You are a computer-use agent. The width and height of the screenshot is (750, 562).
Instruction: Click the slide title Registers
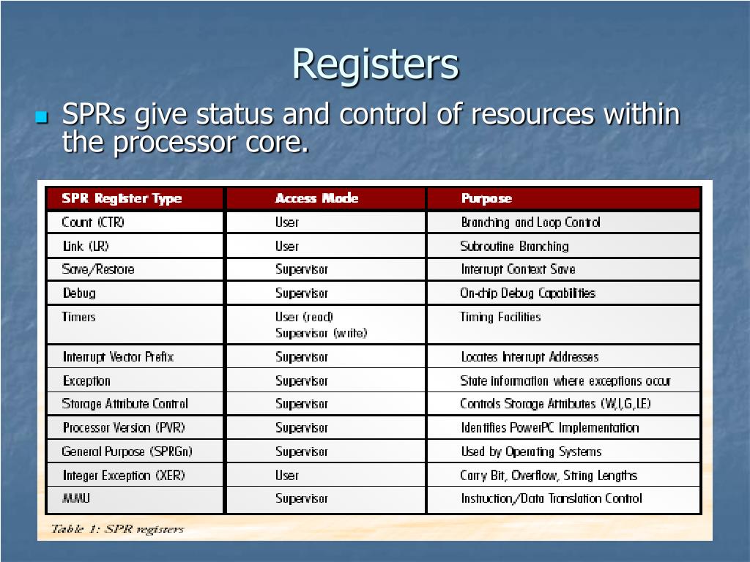pyautogui.click(x=375, y=64)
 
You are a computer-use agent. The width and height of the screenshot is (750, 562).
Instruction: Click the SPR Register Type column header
pyautogui.click(x=122, y=198)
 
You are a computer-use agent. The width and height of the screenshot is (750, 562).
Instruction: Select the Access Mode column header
pyautogui.click(x=316, y=198)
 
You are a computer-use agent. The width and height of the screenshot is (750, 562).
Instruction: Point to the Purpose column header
pyautogui.click(x=486, y=198)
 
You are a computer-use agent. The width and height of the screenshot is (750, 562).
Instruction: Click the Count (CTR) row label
pyautogui.click(x=93, y=222)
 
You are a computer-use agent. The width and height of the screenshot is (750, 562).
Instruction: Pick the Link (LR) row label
pyautogui.click(x=86, y=246)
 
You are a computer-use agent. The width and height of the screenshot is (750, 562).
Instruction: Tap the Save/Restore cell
pyautogui.click(x=98, y=269)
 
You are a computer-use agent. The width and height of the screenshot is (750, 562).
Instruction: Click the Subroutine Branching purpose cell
pyautogui.click(x=514, y=246)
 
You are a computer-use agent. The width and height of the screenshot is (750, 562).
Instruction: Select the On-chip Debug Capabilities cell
pyautogui.click(x=527, y=293)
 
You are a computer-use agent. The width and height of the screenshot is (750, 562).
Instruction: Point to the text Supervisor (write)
pyautogui.click(x=321, y=333)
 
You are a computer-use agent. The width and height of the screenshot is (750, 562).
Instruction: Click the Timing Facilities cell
pyautogui.click(x=500, y=317)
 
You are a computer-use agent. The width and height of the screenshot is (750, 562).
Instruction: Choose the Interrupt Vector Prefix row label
pyautogui.click(x=118, y=357)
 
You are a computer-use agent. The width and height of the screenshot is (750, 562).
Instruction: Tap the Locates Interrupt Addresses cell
pyautogui.click(x=530, y=357)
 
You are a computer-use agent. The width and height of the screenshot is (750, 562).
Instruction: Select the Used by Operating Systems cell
pyautogui.click(x=531, y=452)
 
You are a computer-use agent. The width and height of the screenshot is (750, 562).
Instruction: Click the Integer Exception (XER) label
pyautogui.click(x=123, y=475)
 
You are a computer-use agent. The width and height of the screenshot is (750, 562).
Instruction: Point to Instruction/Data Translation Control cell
pyautogui.click(x=551, y=498)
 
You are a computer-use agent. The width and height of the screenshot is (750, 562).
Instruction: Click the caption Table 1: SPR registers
pyautogui.click(x=117, y=528)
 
